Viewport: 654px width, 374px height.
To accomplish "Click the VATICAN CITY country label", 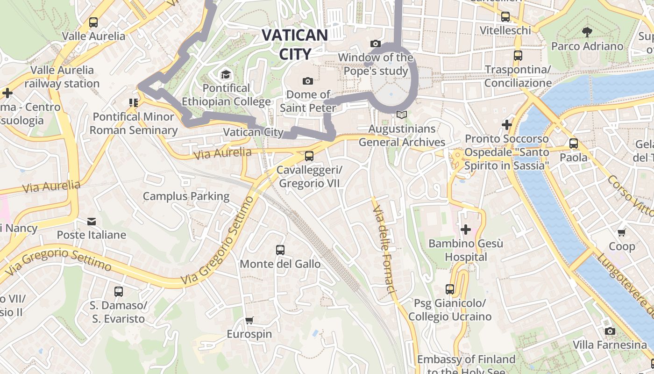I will click(295, 44).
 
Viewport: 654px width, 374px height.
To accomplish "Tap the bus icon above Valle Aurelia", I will click(93, 22).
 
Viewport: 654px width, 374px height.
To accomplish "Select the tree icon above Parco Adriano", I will click(587, 32).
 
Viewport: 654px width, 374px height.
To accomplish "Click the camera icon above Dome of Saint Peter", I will click(307, 81).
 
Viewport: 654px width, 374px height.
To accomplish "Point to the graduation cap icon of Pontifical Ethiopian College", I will click(226, 74).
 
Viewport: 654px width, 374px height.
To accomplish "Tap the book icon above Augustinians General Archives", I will click(402, 115).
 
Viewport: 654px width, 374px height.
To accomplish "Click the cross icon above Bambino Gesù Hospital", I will click(466, 230).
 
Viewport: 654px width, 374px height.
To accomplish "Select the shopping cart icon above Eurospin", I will click(249, 320).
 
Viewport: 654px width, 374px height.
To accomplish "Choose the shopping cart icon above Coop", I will click(621, 232).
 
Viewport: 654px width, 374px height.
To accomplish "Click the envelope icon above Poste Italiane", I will click(92, 221).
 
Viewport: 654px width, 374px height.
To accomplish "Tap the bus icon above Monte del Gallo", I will click(280, 250).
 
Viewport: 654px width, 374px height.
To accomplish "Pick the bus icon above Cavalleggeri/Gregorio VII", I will click(309, 156).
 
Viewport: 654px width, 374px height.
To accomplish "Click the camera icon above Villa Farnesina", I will click(610, 331).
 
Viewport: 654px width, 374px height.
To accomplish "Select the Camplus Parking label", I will click(186, 196).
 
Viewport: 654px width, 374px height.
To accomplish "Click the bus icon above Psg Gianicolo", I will click(450, 289).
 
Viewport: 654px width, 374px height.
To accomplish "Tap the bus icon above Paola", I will click(574, 144).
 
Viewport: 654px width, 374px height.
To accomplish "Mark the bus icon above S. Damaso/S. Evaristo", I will click(119, 292).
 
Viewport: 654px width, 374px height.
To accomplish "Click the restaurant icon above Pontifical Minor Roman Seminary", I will click(134, 102).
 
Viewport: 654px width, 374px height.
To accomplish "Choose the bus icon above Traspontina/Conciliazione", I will click(518, 56).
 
